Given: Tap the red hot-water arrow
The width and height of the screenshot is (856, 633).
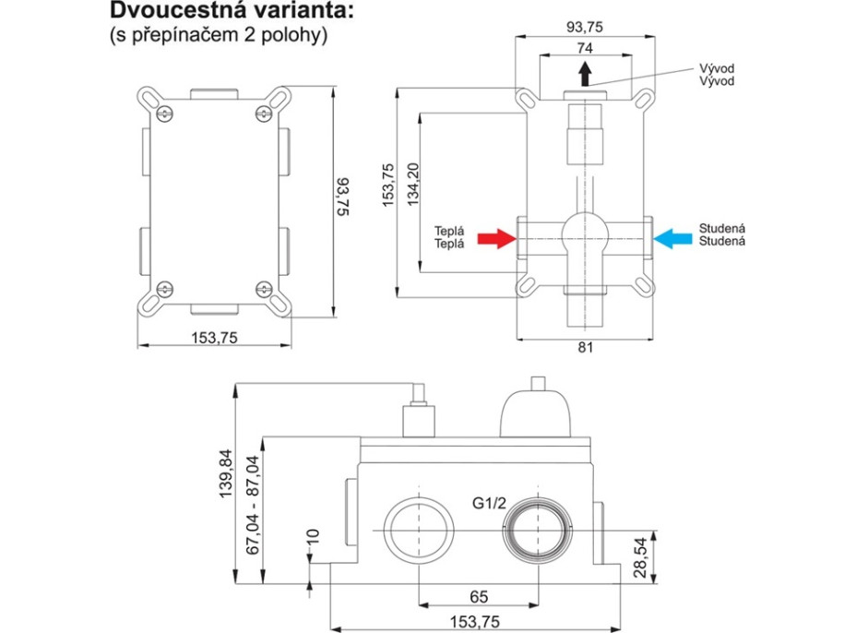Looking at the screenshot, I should coord(496,238).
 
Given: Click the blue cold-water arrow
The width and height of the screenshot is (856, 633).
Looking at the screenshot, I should coord(672,238).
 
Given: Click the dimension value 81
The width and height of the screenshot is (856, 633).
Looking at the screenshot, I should coord(584,348).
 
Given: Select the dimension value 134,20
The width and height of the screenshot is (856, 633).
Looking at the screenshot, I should coord(412,182).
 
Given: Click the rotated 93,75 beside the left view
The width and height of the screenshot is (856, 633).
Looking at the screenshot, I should coord(343,196).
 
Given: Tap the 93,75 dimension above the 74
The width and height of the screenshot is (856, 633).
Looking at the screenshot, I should coord(584,28).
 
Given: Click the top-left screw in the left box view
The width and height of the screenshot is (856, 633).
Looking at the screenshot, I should coord(165,113).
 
